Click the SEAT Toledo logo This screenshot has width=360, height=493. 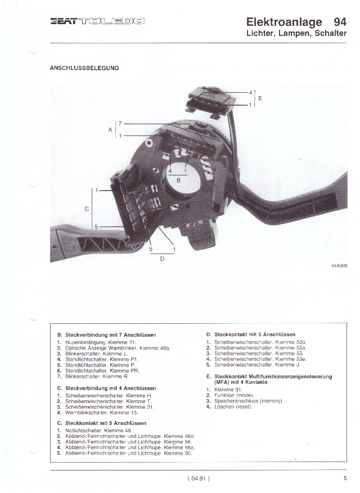click(98, 21)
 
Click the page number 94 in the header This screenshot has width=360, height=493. click(339, 22)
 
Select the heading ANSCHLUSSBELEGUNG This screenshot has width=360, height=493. click(84, 68)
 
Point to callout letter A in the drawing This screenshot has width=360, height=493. click(110, 129)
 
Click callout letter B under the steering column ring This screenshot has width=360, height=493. click(179, 180)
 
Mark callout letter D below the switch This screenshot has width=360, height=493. click(162, 259)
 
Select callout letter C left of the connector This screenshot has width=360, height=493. click(87, 209)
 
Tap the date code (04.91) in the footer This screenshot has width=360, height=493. click(199, 478)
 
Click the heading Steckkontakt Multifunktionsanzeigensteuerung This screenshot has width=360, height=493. click(269, 376)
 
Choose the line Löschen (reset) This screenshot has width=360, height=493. click(233, 406)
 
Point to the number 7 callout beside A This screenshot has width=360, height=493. click(119, 123)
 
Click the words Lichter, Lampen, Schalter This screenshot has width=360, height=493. click(296, 34)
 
